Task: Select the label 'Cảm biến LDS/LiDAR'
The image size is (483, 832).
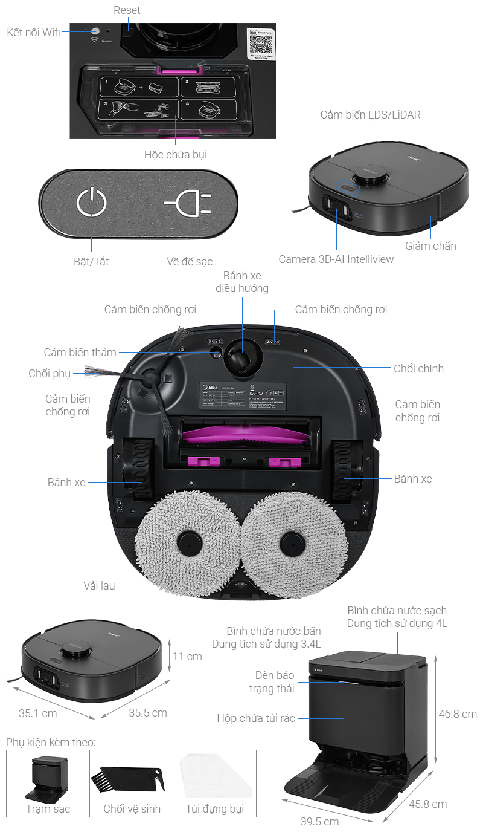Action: [370, 115]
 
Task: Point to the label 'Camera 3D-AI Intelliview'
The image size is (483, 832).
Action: [336, 259]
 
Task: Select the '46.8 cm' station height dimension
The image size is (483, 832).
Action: [458, 714]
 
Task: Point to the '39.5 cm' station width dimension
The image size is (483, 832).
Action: [319, 821]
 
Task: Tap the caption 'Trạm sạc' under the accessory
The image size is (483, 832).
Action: [48, 809]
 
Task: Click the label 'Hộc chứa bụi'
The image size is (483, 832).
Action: [175, 155]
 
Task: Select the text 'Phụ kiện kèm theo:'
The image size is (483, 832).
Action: [51, 742]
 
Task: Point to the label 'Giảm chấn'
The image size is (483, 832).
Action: [430, 246]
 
